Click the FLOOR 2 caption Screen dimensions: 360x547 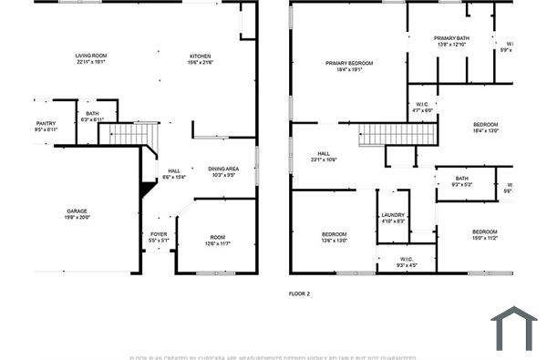click(x=299, y=293)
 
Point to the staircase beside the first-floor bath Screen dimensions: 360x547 click(x=129, y=135)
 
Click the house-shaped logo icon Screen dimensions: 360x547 click(x=515, y=329)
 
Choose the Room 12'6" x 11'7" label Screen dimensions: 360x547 click(x=218, y=239)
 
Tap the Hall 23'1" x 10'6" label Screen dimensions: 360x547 click(x=324, y=156)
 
